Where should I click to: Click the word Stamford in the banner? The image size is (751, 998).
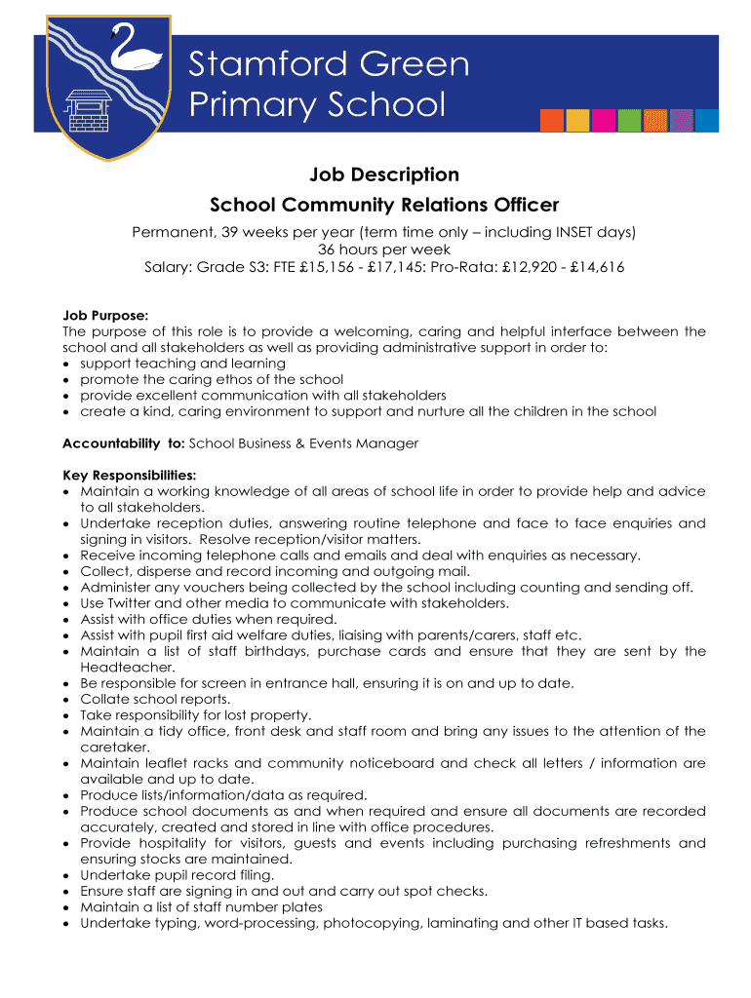tap(258, 64)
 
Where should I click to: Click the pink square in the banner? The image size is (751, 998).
tap(605, 120)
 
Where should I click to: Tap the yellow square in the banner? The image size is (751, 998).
tap(578, 120)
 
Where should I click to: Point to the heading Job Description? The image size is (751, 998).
tap(383, 174)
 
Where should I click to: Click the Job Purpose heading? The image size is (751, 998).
tap(105, 315)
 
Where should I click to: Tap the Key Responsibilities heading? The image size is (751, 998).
tap(129, 475)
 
